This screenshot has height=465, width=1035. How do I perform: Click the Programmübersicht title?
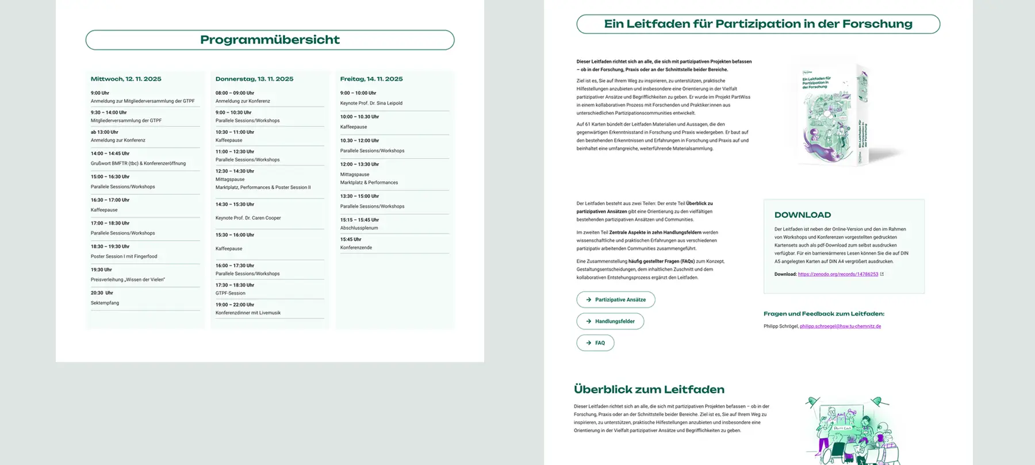[270, 40]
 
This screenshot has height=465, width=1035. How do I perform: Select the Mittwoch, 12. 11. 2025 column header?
[126, 79]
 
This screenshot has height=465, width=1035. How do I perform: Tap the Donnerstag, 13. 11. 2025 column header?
[254, 79]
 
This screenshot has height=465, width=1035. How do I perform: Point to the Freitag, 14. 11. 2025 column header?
[371, 79]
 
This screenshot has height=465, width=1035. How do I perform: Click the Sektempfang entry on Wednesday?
[105, 303]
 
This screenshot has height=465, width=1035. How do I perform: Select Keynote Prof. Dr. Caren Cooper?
[248, 218]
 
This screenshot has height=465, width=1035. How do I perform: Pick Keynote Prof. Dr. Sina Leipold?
[371, 103]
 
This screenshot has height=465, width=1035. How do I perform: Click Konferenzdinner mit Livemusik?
[248, 313]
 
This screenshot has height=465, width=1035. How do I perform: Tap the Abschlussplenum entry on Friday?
[359, 228]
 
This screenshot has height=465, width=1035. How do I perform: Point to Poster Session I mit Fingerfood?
[124, 256]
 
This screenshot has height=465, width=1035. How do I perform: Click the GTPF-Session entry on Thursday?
[230, 293]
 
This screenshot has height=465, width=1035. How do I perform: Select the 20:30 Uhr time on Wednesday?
[102, 293]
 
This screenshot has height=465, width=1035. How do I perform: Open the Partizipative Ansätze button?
[615, 299]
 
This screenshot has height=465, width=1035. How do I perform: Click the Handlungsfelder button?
[610, 321]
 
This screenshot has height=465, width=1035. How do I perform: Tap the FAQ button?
[595, 343]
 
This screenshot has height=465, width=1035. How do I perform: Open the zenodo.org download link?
[838, 274]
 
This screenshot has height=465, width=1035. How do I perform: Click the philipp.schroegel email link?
[840, 326]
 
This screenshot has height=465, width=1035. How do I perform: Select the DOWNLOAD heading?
[802, 215]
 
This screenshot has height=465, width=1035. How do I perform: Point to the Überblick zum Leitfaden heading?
[649, 389]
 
